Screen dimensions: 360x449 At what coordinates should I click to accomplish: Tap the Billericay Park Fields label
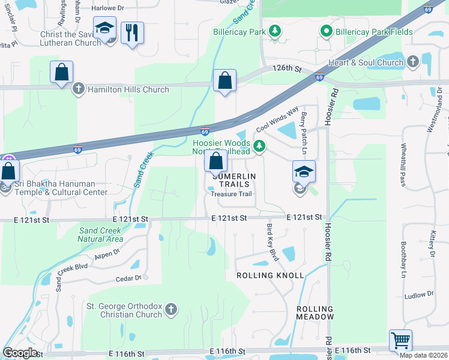point(373,31)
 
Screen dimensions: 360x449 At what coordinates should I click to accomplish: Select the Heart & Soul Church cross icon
point(412,62)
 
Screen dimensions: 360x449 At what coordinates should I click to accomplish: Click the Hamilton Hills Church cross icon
point(78,89)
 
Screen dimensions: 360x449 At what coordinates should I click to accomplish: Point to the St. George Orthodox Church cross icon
point(171,309)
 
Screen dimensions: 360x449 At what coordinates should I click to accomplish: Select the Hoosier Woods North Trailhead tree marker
point(259,145)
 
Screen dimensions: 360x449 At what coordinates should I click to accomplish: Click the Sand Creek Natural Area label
point(100,235)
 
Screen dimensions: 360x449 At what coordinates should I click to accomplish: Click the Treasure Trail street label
point(232,194)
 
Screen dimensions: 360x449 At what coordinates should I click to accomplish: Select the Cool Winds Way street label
point(277,120)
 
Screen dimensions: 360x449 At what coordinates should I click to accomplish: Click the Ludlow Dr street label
point(419,295)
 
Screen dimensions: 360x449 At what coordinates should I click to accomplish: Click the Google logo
point(20,353)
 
